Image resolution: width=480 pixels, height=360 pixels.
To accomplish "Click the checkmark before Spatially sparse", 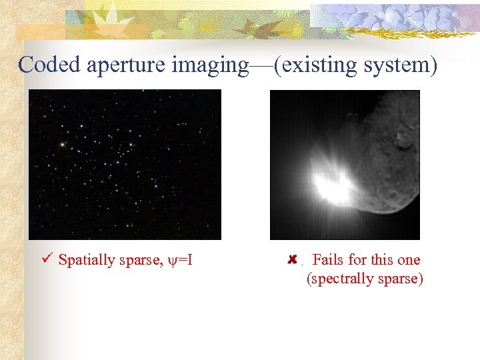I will point(47,259).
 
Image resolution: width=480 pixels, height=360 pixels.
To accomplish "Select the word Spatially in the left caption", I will point(87,260).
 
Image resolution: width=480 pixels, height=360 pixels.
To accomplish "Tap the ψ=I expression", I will point(181,260).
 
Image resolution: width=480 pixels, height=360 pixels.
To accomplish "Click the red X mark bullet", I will point(292,259).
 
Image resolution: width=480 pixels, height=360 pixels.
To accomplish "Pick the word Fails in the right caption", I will point(329,260).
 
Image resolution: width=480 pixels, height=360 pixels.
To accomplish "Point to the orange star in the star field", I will point(62,144).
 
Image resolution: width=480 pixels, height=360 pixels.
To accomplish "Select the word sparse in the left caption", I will point(139,260).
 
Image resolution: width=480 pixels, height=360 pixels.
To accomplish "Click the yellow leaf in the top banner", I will point(120,17).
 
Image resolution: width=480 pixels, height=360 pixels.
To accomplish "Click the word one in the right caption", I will point(408,260).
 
